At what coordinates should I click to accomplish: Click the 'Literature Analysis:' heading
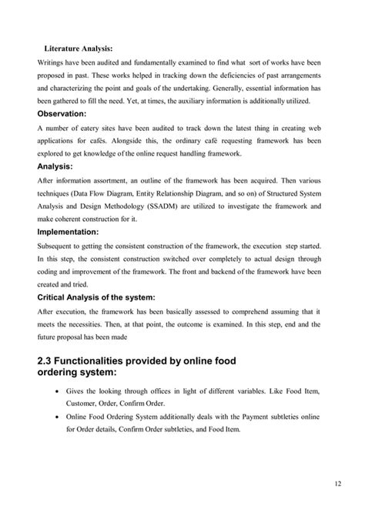[x=78, y=48]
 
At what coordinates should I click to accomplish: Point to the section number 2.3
[x=48, y=361]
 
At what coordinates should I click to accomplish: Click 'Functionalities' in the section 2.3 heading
[x=105, y=361]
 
